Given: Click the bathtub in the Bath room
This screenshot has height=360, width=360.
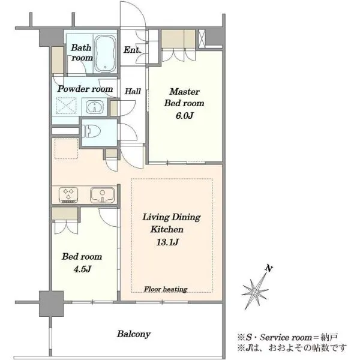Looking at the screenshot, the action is pos(105,54).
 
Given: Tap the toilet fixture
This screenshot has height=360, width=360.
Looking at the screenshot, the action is pos(92,131).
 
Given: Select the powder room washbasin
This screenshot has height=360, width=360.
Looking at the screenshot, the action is pos(95,107).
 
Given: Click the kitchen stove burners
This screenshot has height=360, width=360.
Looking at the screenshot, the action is pos(68,195).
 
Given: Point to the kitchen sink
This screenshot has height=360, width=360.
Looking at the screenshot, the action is pos(102,195).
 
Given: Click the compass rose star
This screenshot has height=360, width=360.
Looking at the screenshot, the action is pos(255,292).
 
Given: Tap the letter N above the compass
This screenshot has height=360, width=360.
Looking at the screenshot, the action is pos(269,268).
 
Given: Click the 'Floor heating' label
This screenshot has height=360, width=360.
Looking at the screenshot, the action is pos(166,289).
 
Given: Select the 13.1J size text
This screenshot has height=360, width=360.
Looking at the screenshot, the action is pos(167,242).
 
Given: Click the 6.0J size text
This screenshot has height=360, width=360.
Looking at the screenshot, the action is pos(184,115).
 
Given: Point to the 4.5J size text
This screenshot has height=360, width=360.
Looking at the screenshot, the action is pos(82,269).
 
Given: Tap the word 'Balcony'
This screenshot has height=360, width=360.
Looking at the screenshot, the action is pos(134,334).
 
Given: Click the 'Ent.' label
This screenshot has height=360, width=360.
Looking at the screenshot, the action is pos(132,50).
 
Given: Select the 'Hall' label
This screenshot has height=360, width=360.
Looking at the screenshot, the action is pos(133,91).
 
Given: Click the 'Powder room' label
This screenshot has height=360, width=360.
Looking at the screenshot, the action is pos(85,89).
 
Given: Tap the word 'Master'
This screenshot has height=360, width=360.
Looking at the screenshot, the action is pos(185,92).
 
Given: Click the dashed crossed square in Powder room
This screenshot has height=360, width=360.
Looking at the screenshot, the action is pos(66,106).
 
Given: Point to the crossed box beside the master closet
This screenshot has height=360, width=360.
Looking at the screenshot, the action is pos(202,38).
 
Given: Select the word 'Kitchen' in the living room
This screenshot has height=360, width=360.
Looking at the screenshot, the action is pos(167,229).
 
